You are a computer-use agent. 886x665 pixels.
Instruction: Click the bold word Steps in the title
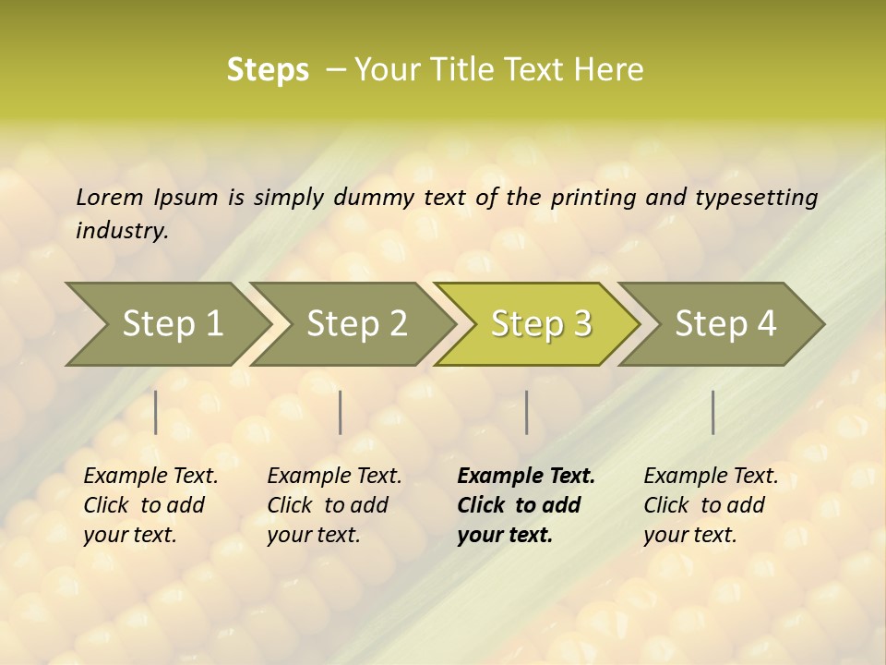268,70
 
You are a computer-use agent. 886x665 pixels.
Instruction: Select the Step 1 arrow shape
172,324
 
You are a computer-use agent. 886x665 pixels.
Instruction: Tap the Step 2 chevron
356,324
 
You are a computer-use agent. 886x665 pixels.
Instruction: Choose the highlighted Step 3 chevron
541,324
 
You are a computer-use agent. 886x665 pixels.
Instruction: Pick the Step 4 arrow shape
725,324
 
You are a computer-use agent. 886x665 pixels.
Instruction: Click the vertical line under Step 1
156,412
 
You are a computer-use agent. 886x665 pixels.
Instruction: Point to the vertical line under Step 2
341,412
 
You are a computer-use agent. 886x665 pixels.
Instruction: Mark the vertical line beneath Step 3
526,412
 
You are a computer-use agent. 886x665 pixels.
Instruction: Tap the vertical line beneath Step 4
713,412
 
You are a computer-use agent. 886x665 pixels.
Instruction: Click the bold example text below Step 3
525,505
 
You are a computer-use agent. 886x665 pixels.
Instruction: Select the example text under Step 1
150,505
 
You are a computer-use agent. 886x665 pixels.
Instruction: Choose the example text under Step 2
334,505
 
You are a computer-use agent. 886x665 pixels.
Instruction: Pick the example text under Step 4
711,505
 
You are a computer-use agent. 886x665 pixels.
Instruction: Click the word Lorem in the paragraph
109,198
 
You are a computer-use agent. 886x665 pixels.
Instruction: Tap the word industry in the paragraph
122,231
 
